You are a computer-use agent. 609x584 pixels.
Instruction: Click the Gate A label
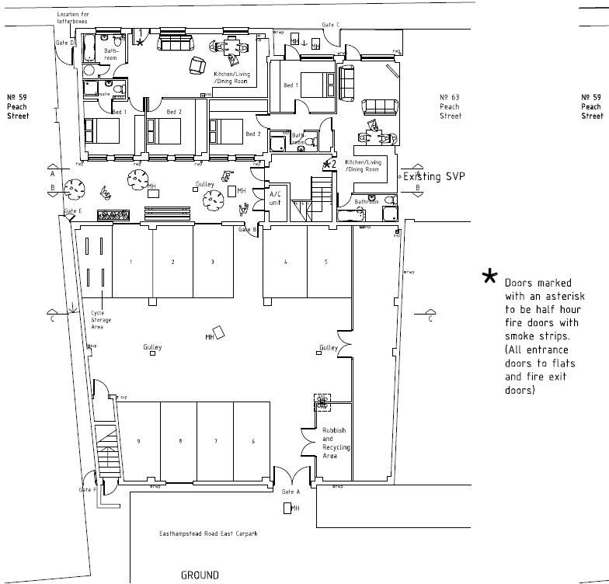pos(291,492)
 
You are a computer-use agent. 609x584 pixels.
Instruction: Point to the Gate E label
pos(73,211)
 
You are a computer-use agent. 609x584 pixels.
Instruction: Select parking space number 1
pos(131,262)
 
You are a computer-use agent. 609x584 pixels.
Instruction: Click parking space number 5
pos(326,262)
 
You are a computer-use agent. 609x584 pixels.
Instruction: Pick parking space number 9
pos(138,441)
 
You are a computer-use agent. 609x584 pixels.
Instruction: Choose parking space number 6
pos(253,441)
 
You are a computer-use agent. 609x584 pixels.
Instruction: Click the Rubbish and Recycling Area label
pos(336,443)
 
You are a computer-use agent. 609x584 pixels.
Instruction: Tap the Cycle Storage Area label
pos(101,319)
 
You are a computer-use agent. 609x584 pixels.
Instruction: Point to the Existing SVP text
pos(433,177)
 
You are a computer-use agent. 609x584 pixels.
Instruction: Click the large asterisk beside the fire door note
pos(489,276)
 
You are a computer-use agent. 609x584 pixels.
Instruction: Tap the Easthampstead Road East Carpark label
pos(207,534)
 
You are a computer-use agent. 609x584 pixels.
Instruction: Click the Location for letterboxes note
pos(72,19)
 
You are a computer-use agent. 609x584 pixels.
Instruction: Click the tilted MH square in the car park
pos(219,333)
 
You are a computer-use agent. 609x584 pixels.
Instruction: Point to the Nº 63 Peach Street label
pos(451,106)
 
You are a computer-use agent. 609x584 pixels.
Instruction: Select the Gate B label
pos(247,229)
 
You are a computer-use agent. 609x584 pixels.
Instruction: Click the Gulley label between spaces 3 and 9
pos(152,346)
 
